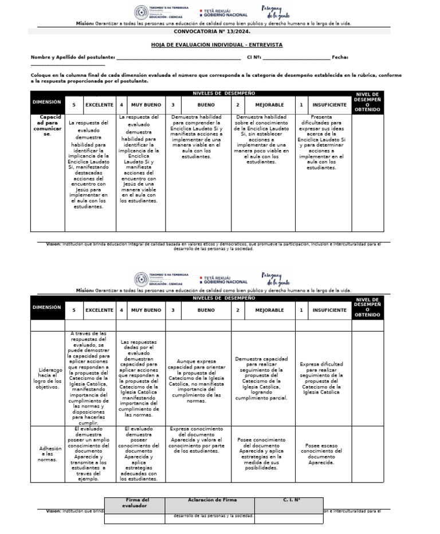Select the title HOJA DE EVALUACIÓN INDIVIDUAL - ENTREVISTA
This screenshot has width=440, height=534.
217,45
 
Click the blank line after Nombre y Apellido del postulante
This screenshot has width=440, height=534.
178,58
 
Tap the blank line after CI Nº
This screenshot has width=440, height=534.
296,58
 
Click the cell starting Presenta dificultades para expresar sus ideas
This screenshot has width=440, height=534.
321,142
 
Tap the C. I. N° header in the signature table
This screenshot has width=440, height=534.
291,500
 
